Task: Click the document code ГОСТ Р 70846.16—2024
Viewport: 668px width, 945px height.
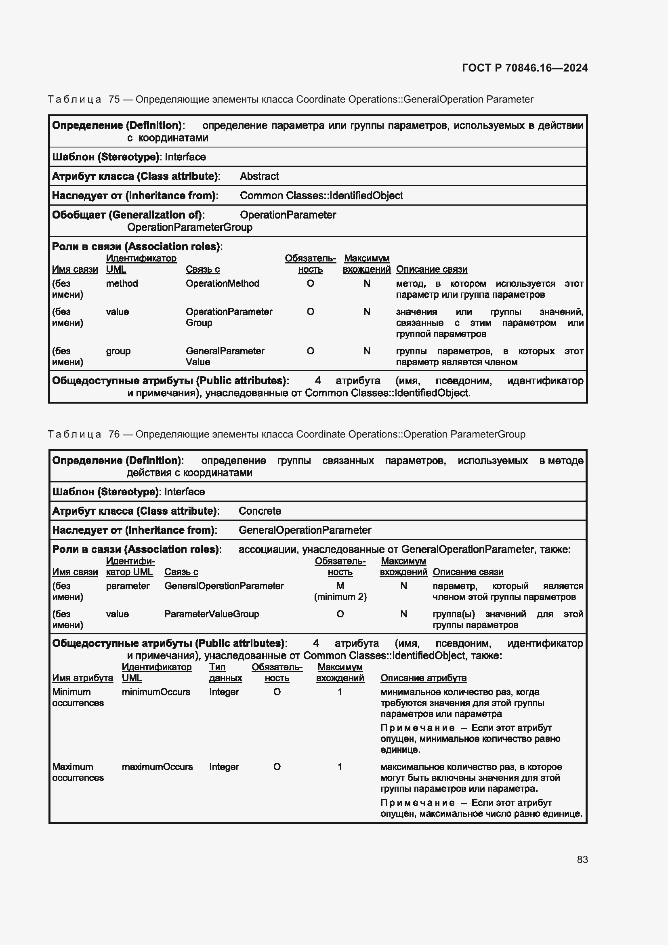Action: click(525, 68)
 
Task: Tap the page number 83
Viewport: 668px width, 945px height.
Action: click(582, 859)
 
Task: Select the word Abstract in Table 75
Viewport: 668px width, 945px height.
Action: click(259, 176)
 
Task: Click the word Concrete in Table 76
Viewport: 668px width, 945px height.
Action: click(260, 511)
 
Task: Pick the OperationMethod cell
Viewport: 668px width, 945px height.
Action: click(222, 284)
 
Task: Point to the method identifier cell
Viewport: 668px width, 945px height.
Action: click(122, 284)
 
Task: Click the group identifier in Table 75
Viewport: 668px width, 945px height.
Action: click(118, 351)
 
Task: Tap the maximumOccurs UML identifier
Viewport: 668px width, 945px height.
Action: click(157, 767)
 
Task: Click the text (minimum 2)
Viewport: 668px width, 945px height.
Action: click(340, 597)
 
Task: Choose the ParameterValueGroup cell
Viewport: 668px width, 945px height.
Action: click(211, 614)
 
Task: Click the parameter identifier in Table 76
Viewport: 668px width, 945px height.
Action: click(128, 586)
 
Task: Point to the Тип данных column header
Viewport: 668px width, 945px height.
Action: click(225, 673)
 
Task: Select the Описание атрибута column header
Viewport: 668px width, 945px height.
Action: click(423, 678)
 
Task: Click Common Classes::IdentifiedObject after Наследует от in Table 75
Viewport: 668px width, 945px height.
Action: click(321, 196)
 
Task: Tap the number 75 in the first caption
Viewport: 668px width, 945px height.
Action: click(114, 100)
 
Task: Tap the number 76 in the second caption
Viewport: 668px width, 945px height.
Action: click(114, 434)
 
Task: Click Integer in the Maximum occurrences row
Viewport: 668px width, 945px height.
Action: click(224, 767)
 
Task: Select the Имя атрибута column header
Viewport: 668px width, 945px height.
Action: click(82, 678)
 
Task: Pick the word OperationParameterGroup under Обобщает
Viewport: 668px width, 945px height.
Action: click(190, 227)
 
